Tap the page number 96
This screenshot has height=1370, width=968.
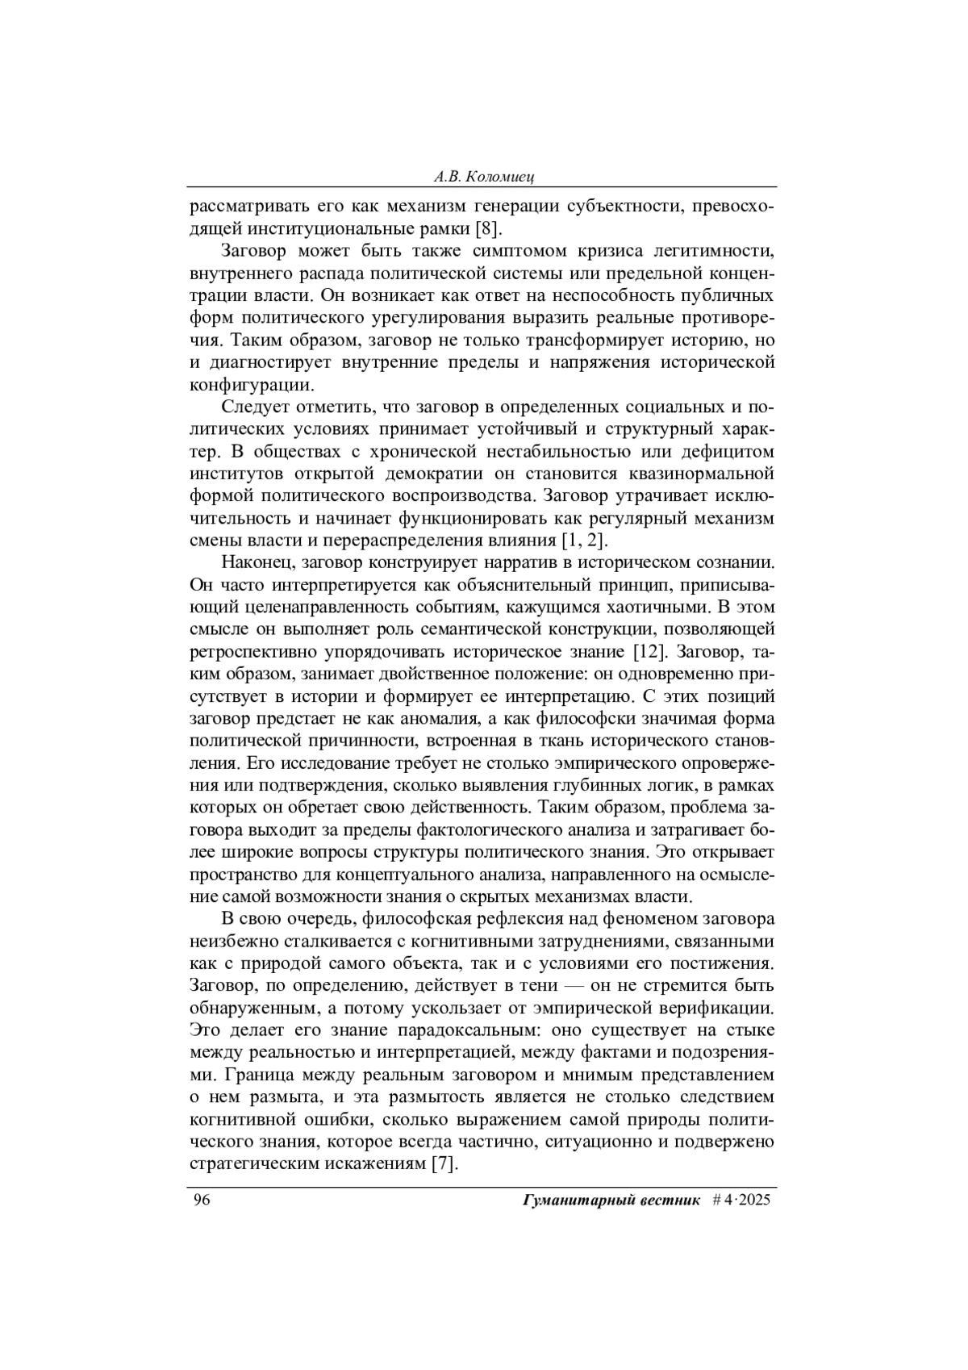pyautogui.click(x=201, y=1200)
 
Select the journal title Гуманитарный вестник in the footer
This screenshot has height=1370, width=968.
pyautogui.click(x=611, y=1200)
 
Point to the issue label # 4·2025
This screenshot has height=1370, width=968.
pyautogui.click(x=742, y=1200)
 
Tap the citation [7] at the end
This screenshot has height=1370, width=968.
pyautogui.click(x=444, y=1164)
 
